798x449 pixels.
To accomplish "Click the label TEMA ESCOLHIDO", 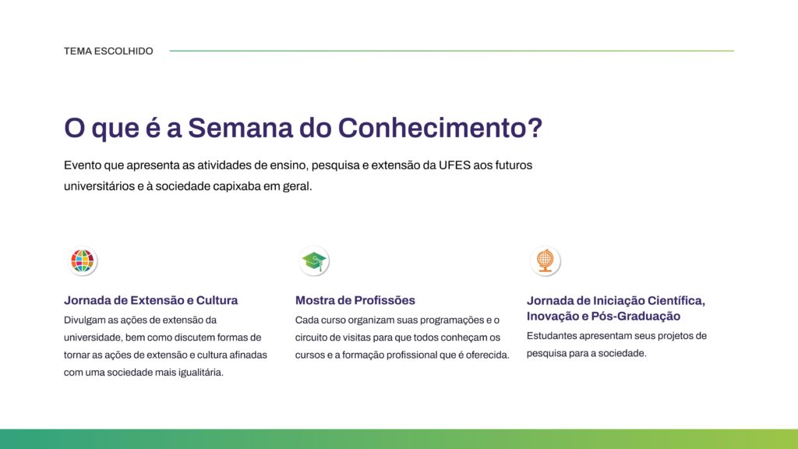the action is coord(108,51).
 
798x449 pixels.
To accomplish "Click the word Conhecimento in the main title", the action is coord(440,128).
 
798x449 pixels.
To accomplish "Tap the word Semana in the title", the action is coord(240,128).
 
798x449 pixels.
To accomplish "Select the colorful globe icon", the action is coord(83,261).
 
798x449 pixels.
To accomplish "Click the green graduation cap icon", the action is coord(314,261).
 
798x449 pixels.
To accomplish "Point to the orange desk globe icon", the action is coord(545,261).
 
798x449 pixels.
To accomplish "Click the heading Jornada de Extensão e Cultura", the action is coord(150,300).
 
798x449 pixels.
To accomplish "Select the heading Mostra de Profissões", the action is coord(355,300).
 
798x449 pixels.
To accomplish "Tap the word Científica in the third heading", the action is coord(676,301).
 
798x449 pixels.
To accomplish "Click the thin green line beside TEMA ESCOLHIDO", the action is coord(451,51).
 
